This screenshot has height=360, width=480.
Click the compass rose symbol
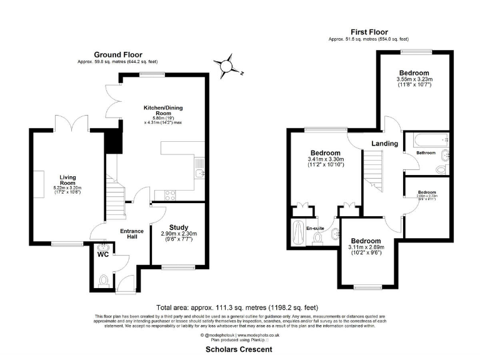(x=228, y=65)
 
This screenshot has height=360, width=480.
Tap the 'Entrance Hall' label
(x=132, y=234)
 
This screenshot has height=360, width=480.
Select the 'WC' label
(x=102, y=254)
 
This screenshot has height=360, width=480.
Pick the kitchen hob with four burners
(x=171, y=194)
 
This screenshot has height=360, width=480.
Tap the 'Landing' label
(x=384, y=144)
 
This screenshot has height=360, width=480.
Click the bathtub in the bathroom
(x=426, y=139)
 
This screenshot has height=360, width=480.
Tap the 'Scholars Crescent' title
(x=239, y=351)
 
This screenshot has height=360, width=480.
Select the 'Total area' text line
(x=239, y=307)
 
